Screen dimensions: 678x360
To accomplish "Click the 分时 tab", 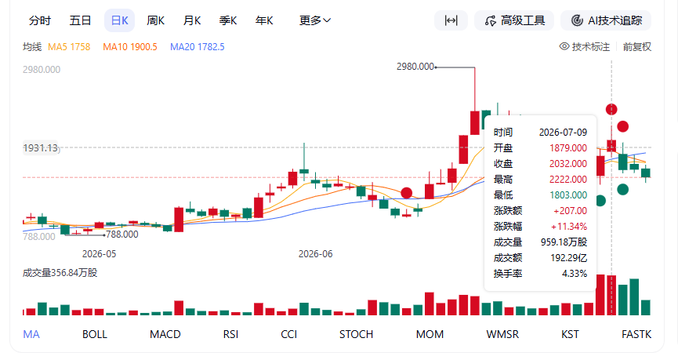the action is click(x=40, y=20).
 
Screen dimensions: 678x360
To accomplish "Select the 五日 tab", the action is click(x=81, y=20).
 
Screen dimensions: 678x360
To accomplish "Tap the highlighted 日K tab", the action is click(x=119, y=20).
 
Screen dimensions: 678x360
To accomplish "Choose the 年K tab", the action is click(x=264, y=20).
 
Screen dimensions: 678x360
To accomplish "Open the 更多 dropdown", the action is click(x=315, y=20).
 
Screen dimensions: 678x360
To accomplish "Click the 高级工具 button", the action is click(x=514, y=20).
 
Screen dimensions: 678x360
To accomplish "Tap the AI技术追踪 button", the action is click(x=606, y=20).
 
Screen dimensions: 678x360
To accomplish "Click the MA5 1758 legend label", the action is click(x=69, y=47).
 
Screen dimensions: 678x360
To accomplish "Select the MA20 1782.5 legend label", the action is click(x=198, y=47).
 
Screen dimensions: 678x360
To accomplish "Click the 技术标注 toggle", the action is click(x=585, y=47).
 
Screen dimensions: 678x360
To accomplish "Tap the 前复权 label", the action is click(x=637, y=47).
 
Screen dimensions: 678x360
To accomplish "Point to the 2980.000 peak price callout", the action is click(x=415, y=67).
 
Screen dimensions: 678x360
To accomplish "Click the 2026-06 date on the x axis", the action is click(x=316, y=254).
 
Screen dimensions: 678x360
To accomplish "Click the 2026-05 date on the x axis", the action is click(x=100, y=254).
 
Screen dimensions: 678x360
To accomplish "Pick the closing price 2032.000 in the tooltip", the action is click(x=568, y=164).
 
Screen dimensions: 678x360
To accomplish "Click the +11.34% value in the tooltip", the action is click(x=568, y=227).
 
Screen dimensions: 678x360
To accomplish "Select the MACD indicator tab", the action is click(x=165, y=334).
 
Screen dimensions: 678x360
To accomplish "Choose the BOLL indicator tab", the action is click(x=95, y=334).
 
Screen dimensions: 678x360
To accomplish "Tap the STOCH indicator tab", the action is click(x=356, y=334).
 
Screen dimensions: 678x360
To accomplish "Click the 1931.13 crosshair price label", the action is click(x=41, y=148).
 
